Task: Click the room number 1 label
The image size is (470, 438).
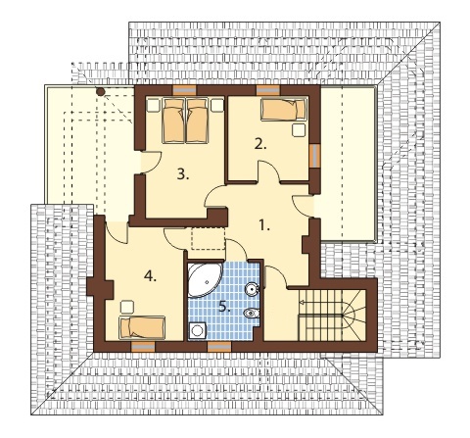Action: click(x=264, y=225)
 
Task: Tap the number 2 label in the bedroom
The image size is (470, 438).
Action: click(x=260, y=144)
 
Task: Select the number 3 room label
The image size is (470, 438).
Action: click(x=183, y=174)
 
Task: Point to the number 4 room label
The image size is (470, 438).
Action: click(x=150, y=276)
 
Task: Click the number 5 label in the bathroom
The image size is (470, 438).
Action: click(x=224, y=307)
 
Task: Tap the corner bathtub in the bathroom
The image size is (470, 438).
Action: click(x=204, y=279)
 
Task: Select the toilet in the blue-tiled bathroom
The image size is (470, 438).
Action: click(x=252, y=314)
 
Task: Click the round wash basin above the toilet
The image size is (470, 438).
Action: click(x=252, y=288)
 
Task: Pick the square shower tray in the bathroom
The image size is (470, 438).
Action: click(x=198, y=330)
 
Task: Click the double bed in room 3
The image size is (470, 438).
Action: click(x=185, y=121)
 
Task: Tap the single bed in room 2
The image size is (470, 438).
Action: click(x=284, y=110)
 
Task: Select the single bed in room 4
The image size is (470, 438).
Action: click(x=142, y=327)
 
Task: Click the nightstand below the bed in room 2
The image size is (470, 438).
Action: click(x=299, y=130)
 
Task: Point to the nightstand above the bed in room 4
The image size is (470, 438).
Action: click(x=127, y=307)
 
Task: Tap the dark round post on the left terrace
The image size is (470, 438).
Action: click(x=101, y=92)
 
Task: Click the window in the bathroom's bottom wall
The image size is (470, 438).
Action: click(x=219, y=347)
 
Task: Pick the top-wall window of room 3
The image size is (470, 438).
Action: click(x=184, y=90)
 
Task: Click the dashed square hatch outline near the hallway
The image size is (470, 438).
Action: click(x=209, y=239)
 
